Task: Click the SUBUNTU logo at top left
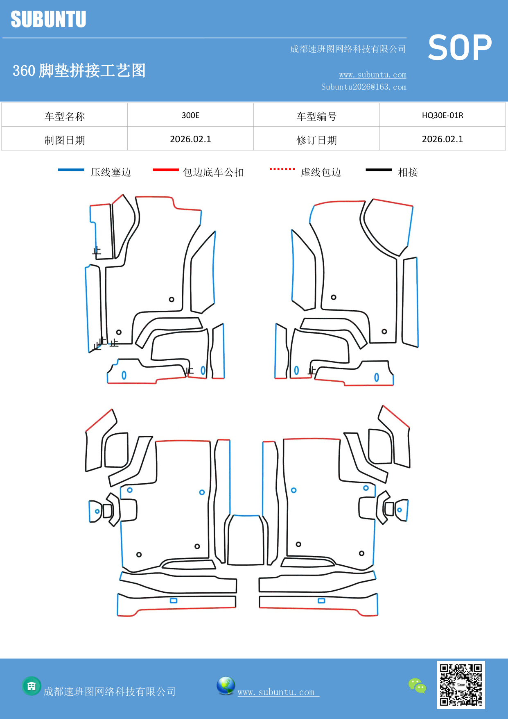(48, 19)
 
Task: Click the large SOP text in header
(459, 48)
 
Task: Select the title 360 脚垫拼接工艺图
(79, 71)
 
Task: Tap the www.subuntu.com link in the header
(373, 75)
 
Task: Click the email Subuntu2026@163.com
(364, 87)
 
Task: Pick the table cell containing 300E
(190, 115)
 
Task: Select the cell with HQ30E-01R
(442, 115)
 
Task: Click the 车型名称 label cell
(65, 116)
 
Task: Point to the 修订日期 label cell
(316, 140)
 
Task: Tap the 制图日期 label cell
(65, 140)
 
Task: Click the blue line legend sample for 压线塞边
(71, 170)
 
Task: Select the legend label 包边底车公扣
(213, 172)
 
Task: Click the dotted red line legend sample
(282, 169)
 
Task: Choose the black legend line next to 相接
(379, 170)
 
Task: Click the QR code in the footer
(461, 685)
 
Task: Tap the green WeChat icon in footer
(417, 685)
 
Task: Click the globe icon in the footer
(226, 686)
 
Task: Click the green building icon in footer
(32, 686)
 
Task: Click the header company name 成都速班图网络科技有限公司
(348, 49)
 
